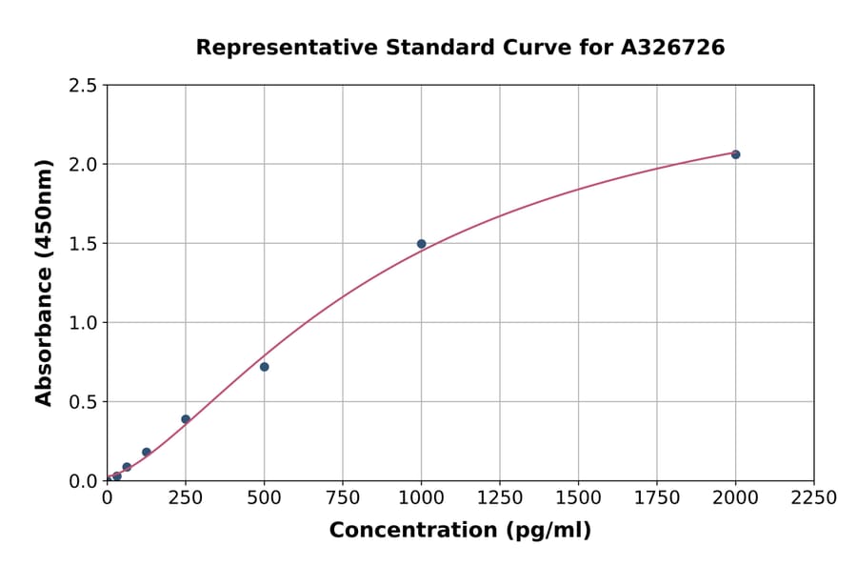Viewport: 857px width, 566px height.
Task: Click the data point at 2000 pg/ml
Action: click(x=735, y=154)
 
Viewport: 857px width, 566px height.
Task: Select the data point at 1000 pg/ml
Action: click(x=421, y=244)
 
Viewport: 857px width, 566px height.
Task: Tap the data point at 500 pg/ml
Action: click(x=264, y=367)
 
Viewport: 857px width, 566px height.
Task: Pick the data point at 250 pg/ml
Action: click(x=186, y=419)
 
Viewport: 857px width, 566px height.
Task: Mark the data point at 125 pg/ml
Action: click(x=146, y=453)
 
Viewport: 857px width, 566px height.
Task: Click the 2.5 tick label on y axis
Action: click(x=83, y=86)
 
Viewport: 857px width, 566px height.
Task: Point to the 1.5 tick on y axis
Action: click(x=83, y=244)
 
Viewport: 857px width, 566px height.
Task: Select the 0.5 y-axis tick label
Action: click(x=83, y=402)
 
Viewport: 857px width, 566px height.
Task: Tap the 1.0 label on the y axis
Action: click(x=83, y=323)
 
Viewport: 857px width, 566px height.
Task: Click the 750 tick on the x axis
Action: click(x=343, y=497)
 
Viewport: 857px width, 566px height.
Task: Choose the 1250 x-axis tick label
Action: click(x=500, y=497)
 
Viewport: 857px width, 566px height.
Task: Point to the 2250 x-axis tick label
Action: click(x=814, y=497)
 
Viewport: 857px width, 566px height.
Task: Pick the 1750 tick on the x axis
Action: click(x=657, y=497)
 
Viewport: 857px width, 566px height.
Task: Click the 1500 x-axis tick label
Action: click(x=578, y=497)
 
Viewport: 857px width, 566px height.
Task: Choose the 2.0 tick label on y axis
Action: click(x=83, y=165)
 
